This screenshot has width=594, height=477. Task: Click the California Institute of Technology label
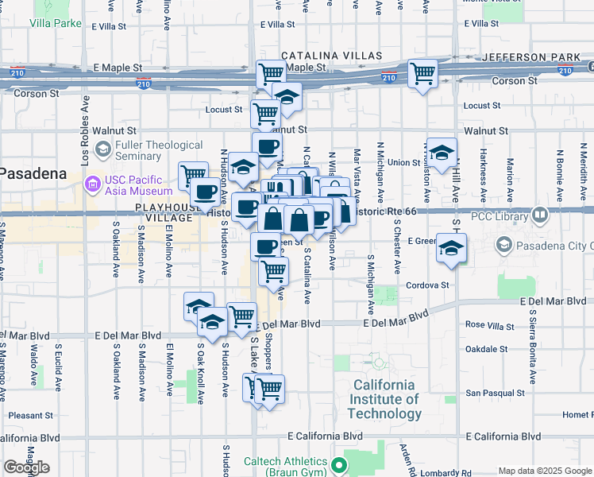[384, 399]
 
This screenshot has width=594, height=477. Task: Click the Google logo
[26, 467]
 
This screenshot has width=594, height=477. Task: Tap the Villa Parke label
[56, 23]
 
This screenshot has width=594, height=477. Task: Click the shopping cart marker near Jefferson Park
[422, 74]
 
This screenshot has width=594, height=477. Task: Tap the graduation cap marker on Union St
[443, 151]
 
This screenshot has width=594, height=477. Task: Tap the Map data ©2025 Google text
[544, 471]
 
